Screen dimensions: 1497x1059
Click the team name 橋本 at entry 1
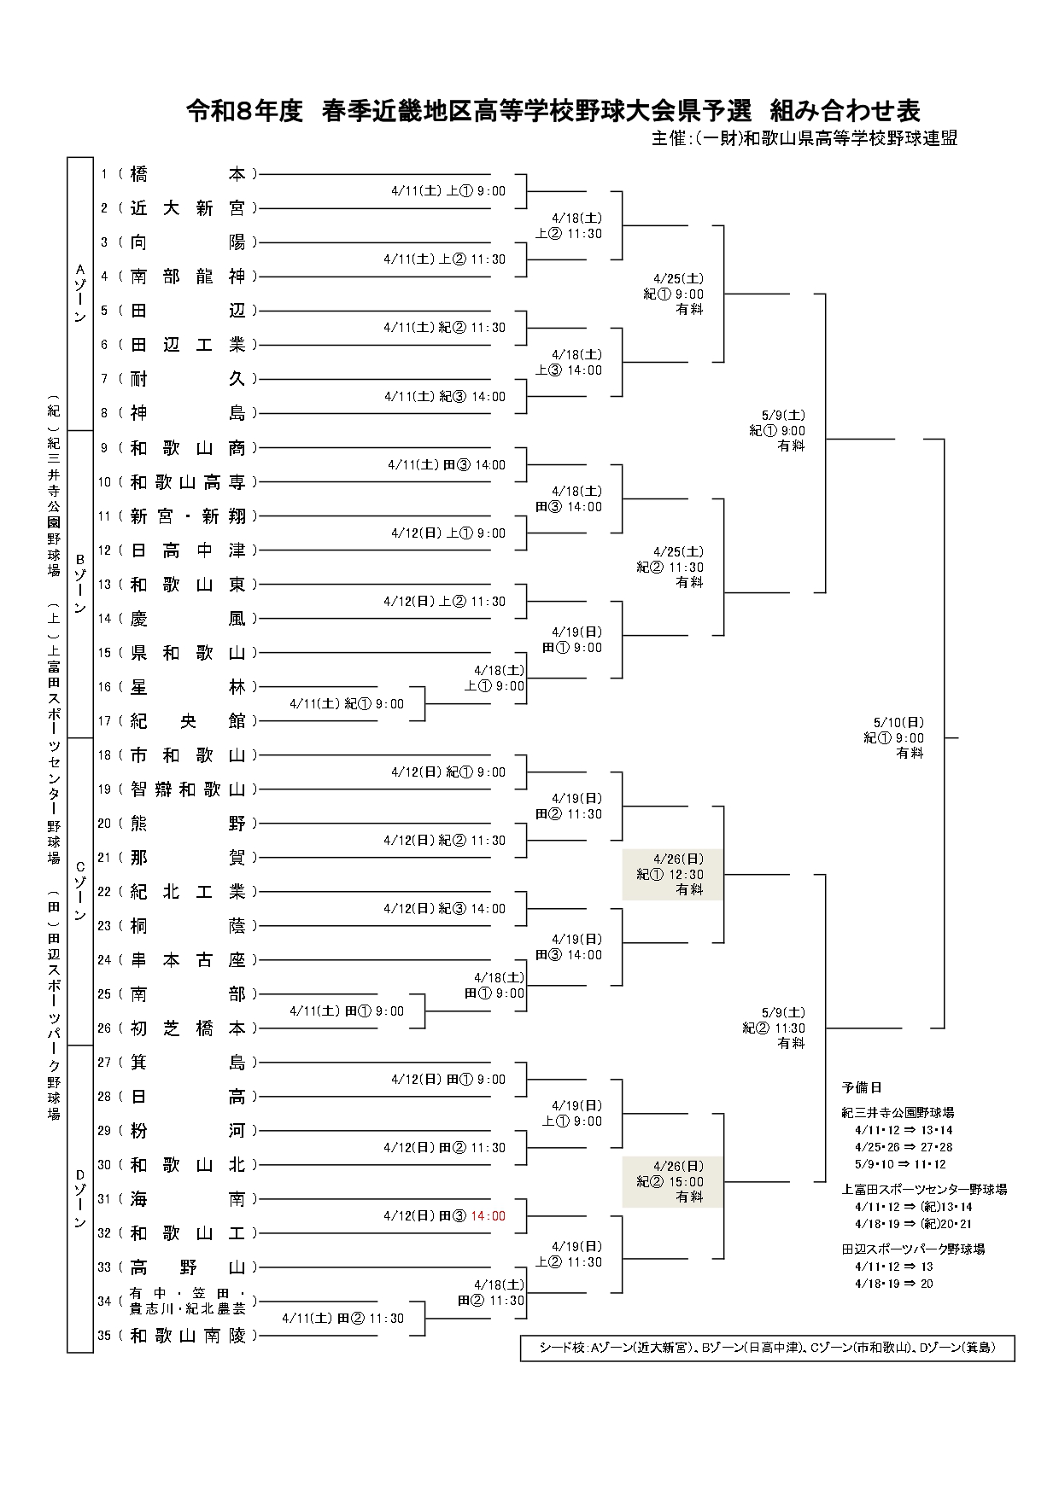pyautogui.click(x=188, y=174)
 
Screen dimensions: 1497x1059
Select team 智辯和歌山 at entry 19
pyautogui.click(x=188, y=789)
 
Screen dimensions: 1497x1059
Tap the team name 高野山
pyautogui.click(x=188, y=1267)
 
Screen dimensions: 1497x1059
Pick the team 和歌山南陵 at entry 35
pyautogui.click(x=188, y=1336)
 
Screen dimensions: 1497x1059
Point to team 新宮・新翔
pyautogui.click(x=188, y=516)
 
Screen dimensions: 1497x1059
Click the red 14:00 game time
pyautogui.click(x=489, y=1216)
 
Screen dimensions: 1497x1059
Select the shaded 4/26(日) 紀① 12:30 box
pyautogui.click(x=672, y=875)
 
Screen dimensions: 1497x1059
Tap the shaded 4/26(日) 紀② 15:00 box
pyautogui.click(x=672, y=1182)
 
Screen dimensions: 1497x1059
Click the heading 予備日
pyautogui.click(x=862, y=1087)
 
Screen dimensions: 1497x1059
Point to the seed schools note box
pyautogui.click(x=767, y=1348)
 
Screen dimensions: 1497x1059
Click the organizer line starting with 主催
pyautogui.click(x=804, y=138)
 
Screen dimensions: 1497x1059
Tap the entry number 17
pyautogui.click(x=104, y=721)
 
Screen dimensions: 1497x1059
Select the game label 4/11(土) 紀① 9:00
pyautogui.click(x=347, y=704)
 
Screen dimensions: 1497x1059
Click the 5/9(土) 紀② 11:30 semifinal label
pyautogui.click(x=774, y=1028)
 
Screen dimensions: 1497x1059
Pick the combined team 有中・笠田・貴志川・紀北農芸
pyautogui.click(x=188, y=1302)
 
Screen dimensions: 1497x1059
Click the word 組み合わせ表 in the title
pyautogui.click(x=845, y=110)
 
